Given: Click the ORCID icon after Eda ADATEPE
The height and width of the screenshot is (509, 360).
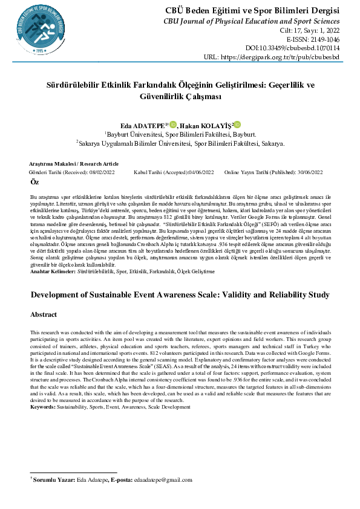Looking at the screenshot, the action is (172, 123).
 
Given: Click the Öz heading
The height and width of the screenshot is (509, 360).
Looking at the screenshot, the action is (34, 182).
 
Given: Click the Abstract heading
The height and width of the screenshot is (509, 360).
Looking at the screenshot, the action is (44, 315).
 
